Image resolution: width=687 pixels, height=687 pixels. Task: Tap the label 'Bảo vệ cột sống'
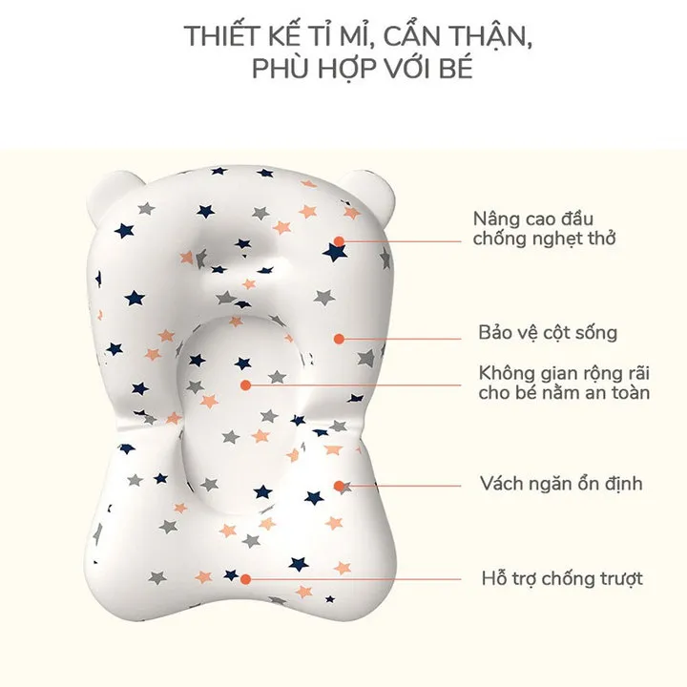548,333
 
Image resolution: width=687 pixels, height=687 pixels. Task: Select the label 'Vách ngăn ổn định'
561,484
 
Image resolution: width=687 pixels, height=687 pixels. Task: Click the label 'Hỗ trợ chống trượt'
562,578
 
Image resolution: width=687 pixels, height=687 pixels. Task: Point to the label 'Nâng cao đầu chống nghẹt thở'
544,229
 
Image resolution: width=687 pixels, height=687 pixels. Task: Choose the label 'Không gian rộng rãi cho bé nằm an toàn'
564,383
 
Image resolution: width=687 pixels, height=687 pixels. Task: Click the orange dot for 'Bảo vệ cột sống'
339,339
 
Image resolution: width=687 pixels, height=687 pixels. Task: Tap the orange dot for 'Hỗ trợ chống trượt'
246,579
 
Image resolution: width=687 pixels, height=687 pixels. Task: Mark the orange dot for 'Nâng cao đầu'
339,241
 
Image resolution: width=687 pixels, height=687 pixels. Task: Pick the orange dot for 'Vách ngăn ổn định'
339,486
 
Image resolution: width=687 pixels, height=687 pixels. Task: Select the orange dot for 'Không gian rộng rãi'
246,385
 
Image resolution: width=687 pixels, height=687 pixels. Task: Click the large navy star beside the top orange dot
335,253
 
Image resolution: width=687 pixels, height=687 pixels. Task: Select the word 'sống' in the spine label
593,334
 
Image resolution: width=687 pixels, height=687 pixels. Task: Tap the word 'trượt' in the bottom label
618,579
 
